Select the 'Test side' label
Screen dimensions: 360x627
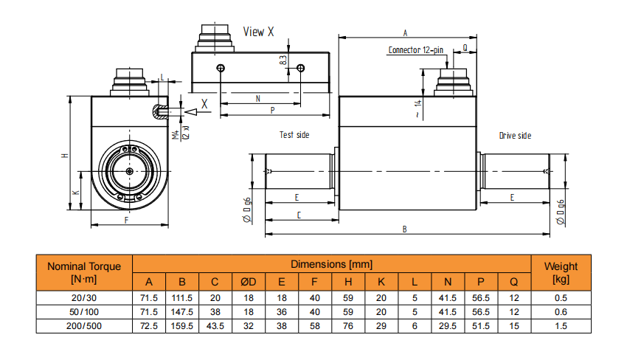(294, 135)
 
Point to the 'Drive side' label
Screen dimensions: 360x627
(515, 135)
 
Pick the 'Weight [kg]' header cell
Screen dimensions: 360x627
(561, 272)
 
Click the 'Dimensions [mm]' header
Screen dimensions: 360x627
(331, 264)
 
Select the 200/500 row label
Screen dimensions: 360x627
(83, 325)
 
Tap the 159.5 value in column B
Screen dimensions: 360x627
(181, 325)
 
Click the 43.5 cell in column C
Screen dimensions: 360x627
(215, 325)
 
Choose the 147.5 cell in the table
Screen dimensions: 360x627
(181, 311)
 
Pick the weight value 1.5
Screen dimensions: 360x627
(561, 325)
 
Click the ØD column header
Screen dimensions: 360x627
(248, 281)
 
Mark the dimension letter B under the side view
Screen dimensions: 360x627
(404, 229)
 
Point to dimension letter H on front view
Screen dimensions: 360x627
(64, 156)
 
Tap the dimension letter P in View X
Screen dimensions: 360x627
(273, 110)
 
